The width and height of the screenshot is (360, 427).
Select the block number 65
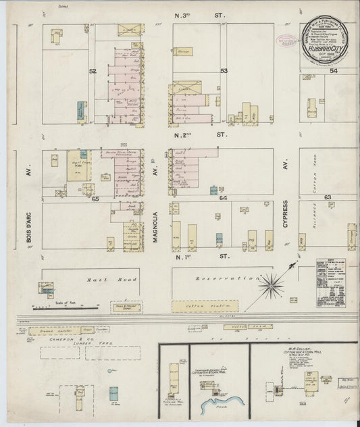tap(95, 199)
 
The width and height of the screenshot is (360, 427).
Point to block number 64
tap(223, 199)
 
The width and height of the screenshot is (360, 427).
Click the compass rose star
tap(273, 286)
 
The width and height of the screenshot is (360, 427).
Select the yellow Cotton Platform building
tap(205, 306)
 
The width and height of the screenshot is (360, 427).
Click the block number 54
tap(333, 70)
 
